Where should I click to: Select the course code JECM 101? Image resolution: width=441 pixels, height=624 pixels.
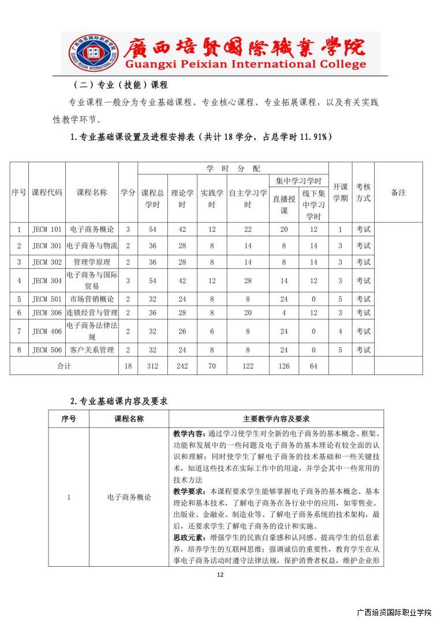point(47,229)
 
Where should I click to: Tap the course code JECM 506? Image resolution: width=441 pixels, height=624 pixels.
point(47,350)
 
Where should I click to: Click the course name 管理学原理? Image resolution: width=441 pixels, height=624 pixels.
point(92,262)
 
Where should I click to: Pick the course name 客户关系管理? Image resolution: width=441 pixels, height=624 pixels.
point(92,350)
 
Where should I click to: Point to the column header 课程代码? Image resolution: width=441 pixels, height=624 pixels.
point(47,193)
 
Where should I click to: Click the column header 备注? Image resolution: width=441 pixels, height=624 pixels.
point(398,193)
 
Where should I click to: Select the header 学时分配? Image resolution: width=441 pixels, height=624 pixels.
point(233,169)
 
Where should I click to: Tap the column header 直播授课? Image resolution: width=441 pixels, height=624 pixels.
point(284,205)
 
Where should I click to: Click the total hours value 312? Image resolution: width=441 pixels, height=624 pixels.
point(152,366)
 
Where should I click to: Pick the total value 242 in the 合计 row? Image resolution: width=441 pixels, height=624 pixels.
point(182,366)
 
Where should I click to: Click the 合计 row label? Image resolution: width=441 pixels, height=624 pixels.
point(64,366)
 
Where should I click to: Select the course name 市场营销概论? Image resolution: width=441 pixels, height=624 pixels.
point(92,299)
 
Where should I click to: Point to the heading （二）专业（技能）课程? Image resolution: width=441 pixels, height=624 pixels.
point(121,84)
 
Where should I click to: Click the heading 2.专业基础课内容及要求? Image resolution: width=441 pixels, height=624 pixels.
point(119,400)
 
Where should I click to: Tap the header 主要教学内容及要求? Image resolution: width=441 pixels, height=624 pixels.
point(276,419)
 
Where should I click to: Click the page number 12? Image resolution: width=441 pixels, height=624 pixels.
point(220,574)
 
